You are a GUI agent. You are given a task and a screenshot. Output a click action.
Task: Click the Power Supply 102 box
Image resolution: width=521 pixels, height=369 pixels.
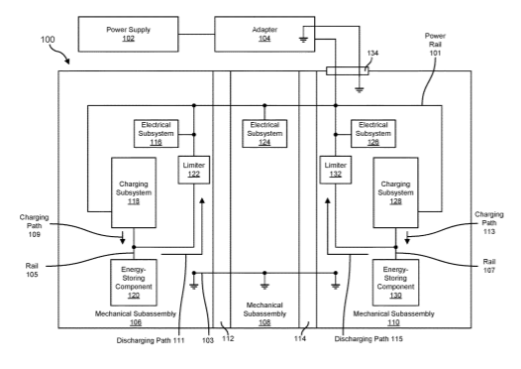click(x=128, y=34)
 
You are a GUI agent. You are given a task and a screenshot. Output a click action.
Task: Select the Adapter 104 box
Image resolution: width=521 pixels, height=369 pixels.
click(x=264, y=34)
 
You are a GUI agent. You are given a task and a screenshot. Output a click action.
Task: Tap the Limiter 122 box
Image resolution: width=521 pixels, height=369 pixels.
click(x=194, y=170)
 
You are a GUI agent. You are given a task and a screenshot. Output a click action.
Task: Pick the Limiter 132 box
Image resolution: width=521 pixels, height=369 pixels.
click(x=335, y=170)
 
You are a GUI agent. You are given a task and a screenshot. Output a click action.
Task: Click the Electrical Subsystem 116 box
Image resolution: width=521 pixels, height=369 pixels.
click(x=156, y=134)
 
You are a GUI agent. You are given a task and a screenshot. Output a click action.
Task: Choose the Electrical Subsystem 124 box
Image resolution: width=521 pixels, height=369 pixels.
click(x=264, y=134)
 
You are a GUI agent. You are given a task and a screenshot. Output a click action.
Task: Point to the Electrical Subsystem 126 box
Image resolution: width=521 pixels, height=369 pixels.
click(x=373, y=134)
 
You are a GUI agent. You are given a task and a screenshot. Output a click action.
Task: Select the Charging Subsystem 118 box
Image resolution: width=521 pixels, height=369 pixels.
click(x=134, y=192)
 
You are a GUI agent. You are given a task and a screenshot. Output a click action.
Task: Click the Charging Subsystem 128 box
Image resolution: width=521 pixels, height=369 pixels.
click(x=395, y=192)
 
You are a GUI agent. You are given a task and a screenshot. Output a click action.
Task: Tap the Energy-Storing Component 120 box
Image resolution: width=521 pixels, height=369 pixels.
click(x=134, y=283)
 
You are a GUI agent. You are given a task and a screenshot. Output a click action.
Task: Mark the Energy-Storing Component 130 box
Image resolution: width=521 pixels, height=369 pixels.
click(x=395, y=283)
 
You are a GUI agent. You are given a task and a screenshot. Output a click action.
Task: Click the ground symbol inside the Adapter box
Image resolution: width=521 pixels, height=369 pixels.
click(x=303, y=40)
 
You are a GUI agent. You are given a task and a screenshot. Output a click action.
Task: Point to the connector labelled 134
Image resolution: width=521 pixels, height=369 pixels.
click(x=348, y=70)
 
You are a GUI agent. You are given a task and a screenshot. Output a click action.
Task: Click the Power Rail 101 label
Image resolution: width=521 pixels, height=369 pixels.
click(x=435, y=45)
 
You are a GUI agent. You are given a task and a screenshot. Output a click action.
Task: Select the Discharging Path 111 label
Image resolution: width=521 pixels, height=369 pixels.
click(x=151, y=340)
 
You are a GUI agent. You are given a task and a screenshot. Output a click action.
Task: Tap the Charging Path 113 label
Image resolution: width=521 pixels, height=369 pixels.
click(x=488, y=223)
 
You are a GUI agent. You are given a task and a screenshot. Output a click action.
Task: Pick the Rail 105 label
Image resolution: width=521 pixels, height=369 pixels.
click(x=32, y=270)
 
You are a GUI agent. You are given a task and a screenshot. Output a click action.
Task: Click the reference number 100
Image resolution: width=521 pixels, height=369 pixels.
click(x=48, y=40)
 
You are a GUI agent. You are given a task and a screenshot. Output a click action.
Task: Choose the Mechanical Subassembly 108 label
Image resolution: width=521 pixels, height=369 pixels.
click(x=264, y=313)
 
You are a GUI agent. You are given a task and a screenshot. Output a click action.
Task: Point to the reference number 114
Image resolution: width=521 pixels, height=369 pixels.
click(x=300, y=338)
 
